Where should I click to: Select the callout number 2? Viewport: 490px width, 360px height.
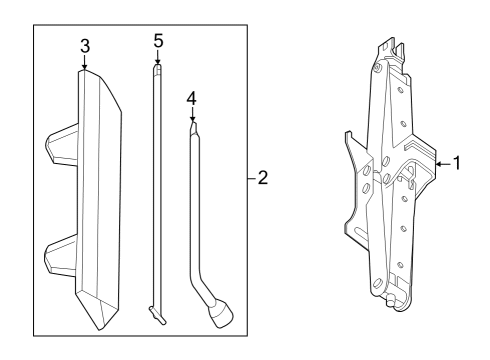263,179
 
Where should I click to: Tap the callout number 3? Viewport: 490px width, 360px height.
85,46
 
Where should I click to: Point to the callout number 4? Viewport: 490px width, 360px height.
192,99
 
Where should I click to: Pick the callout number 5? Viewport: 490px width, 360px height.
157,42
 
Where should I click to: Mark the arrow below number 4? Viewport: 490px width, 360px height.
192,117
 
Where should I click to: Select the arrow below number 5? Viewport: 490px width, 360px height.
157,61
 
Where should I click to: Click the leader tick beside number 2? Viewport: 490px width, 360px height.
249,179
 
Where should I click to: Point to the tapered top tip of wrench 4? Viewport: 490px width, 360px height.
192,126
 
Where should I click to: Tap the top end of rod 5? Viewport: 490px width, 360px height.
156,69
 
